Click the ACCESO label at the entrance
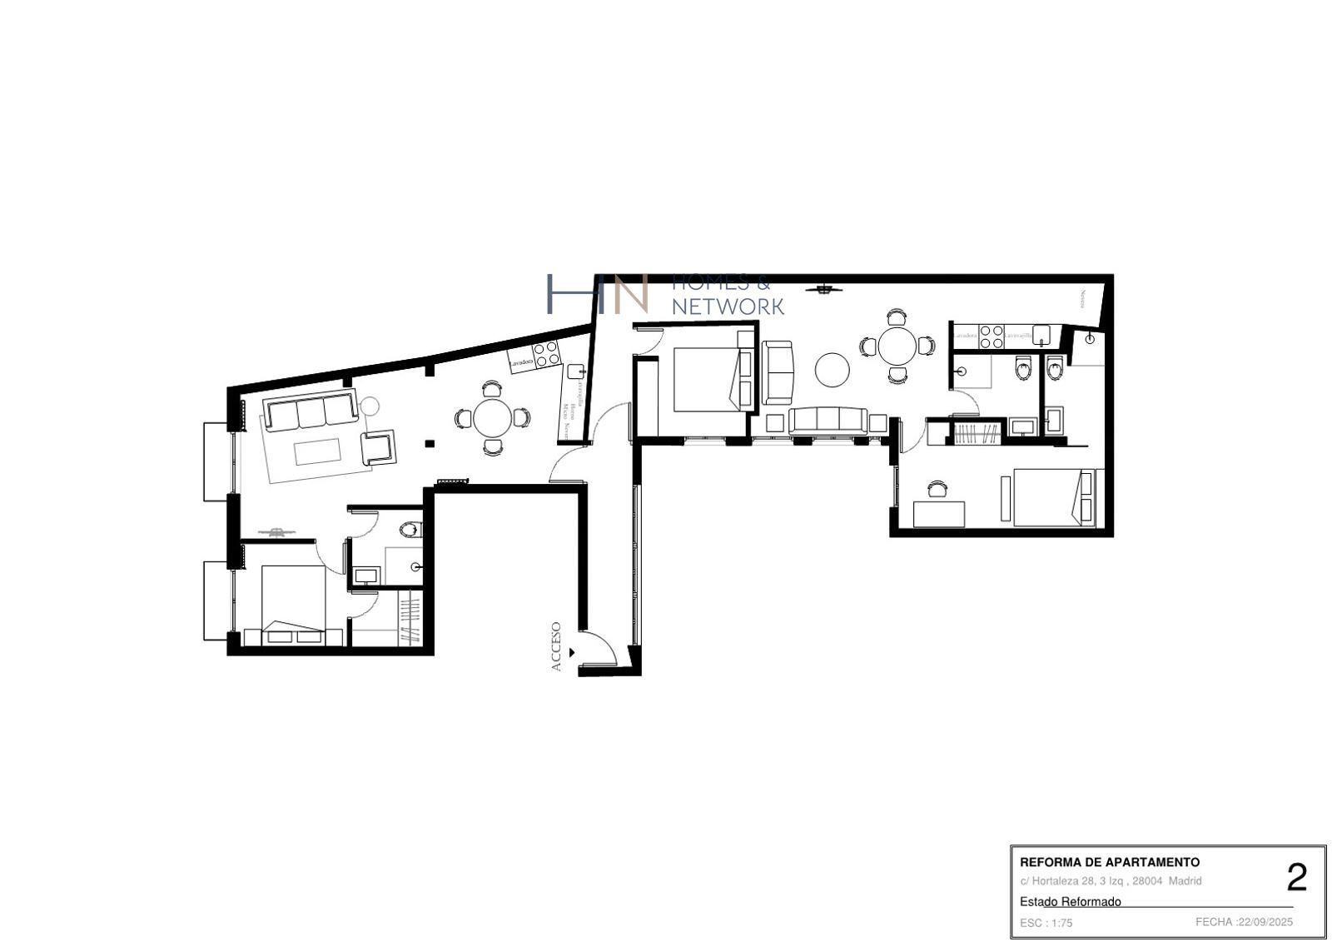(x=556, y=646)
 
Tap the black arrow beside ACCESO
(x=571, y=652)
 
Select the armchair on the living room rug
(x=379, y=446)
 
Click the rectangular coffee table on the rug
(x=317, y=452)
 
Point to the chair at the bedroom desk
(x=938, y=490)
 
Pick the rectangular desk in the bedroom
(x=939, y=514)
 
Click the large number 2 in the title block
(x=1296, y=878)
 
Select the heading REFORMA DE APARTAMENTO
(x=1110, y=863)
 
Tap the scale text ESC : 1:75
(x=1046, y=923)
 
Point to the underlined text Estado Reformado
(x=1071, y=901)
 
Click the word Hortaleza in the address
(x=1054, y=881)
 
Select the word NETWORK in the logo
(x=728, y=307)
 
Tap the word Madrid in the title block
(x=1185, y=881)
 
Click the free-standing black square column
(x=429, y=443)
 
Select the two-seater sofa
(x=779, y=371)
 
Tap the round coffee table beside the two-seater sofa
(x=832, y=370)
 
